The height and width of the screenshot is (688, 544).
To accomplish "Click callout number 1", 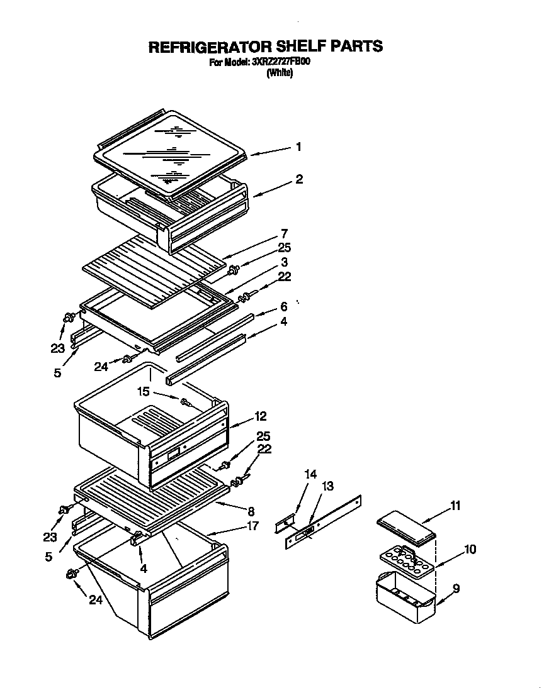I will [x=298, y=147].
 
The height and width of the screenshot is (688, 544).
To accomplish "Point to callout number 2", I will [x=298, y=179].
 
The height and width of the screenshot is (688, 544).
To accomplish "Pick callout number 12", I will [x=261, y=416].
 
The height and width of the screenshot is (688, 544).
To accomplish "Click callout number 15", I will [x=144, y=391].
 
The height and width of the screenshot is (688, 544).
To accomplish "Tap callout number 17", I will [x=252, y=526].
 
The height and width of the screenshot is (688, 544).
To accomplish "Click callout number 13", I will [x=327, y=486].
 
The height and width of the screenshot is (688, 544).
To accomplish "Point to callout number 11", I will [x=455, y=505].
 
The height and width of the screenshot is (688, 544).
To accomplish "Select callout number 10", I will [x=470, y=549].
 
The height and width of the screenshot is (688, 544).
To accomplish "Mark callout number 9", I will [x=456, y=589].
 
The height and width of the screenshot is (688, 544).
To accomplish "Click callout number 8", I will [x=251, y=511].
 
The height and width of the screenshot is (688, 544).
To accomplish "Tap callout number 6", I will [x=284, y=306].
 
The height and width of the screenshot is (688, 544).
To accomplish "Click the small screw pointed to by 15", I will [x=185, y=402].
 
